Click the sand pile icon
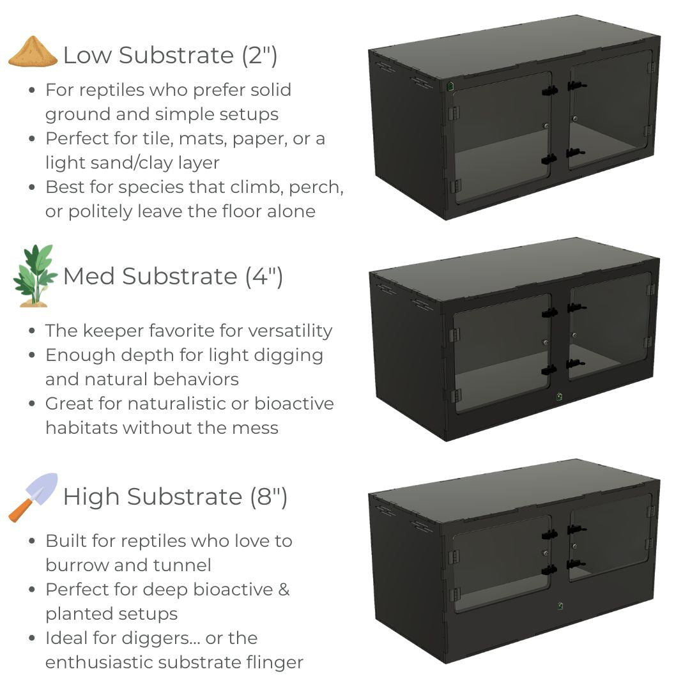point(33,52)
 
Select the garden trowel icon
point(33,498)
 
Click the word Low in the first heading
point(88,56)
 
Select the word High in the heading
point(91,497)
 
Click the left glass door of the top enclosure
point(502,137)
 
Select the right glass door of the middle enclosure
point(610,326)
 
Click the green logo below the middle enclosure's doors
point(559,397)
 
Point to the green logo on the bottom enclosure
point(560,606)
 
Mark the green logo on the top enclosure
point(450,86)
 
